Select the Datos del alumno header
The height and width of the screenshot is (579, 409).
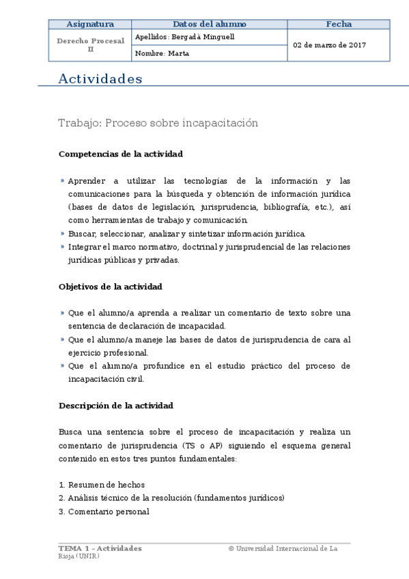(210, 24)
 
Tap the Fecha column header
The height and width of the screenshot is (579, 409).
(338, 24)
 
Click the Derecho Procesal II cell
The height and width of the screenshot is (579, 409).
(90, 45)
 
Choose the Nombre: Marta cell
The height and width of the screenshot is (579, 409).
(160, 53)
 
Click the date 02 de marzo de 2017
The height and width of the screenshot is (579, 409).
(329, 45)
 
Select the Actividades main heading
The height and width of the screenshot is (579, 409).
(100, 79)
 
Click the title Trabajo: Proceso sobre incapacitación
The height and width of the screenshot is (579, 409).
(158, 123)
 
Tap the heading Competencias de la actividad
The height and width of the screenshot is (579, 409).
(121, 154)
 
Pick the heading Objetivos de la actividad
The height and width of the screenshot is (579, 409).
(111, 287)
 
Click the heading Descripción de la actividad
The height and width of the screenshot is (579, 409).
(116, 406)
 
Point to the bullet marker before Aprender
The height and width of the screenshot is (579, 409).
(62, 181)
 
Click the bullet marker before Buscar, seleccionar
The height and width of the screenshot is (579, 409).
(62, 234)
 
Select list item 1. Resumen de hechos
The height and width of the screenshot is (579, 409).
(101, 485)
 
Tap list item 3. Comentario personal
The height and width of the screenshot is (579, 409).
(104, 511)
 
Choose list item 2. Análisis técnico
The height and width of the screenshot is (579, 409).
(171, 498)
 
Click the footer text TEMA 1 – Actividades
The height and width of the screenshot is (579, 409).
(100, 548)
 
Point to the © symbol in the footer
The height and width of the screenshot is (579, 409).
(231, 548)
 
